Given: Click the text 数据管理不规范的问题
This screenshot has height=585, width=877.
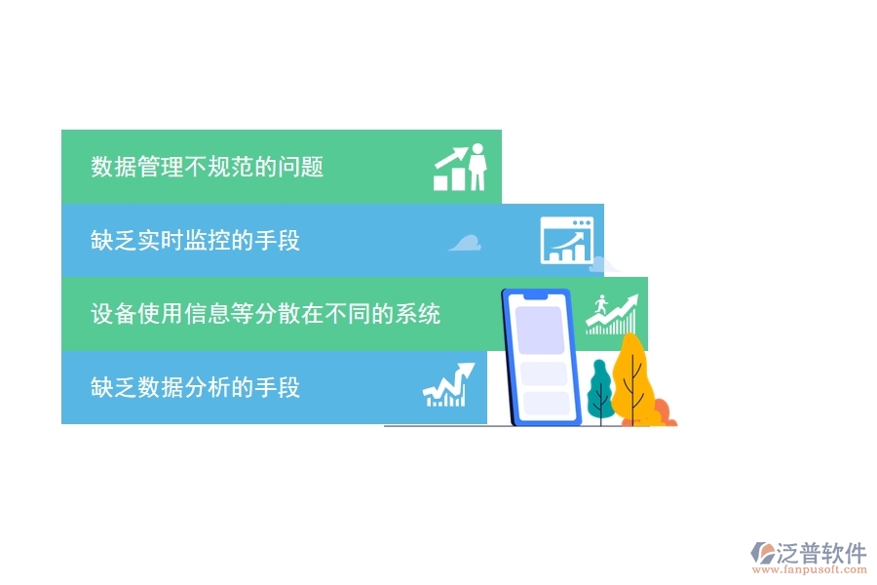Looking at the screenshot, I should (x=207, y=167).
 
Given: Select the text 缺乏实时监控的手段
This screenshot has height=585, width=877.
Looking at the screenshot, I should (x=195, y=240).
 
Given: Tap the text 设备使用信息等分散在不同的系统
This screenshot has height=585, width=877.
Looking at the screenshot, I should (x=265, y=314).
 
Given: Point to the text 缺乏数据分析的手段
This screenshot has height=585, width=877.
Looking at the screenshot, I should (x=195, y=387).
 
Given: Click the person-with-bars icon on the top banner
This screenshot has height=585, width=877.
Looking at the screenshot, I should (x=460, y=168).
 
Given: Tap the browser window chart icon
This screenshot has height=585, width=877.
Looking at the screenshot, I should (x=566, y=241).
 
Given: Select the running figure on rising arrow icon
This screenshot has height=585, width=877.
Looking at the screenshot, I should (x=611, y=314).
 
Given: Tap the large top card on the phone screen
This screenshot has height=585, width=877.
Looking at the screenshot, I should (x=540, y=331).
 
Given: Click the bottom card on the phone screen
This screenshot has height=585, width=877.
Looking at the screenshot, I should (x=545, y=403).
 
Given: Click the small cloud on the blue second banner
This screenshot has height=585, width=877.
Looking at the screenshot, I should (x=465, y=244).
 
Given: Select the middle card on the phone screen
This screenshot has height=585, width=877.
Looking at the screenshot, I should (x=543, y=372).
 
